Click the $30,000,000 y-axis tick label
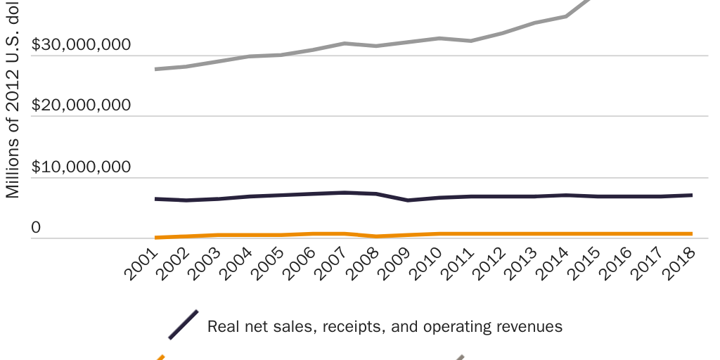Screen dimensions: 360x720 [x=82, y=45]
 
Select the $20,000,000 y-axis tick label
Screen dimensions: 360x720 [x=82, y=105]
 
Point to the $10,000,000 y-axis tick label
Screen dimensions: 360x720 [x=82, y=167]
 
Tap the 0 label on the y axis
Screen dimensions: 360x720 [x=36, y=228]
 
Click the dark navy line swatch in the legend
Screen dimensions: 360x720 [x=183, y=325]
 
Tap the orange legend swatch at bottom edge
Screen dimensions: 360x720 [x=160, y=357]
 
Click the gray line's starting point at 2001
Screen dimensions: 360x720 [x=156, y=69]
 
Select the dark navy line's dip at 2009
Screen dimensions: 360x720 [x=408, y=200]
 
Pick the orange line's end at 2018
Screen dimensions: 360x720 [x=691, y=233]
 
